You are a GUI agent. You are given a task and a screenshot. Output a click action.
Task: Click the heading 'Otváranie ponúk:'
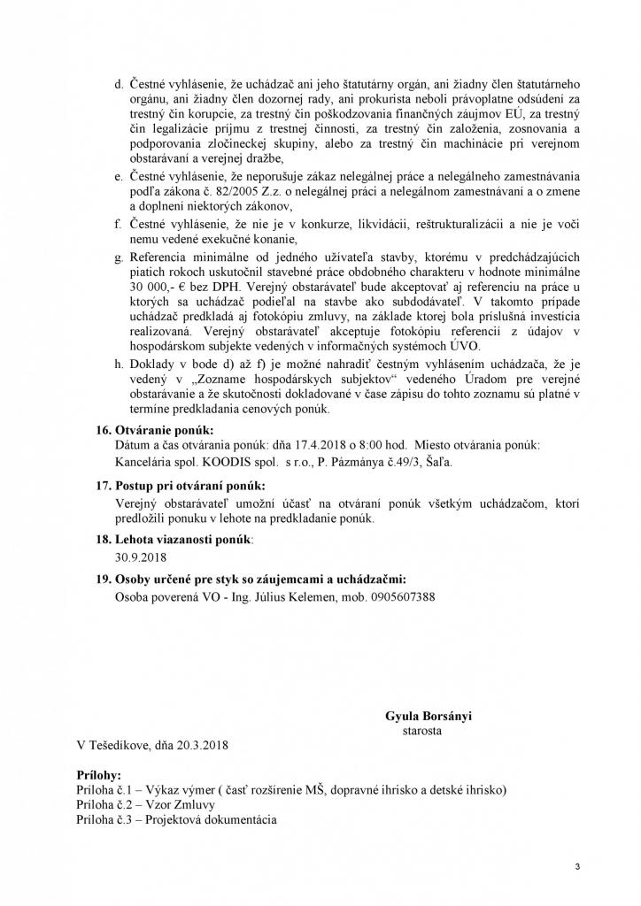(164, 429)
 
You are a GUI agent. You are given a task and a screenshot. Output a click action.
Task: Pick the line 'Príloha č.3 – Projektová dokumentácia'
(177, 819)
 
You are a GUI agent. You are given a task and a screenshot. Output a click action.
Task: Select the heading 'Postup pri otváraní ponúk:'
(190, 487)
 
